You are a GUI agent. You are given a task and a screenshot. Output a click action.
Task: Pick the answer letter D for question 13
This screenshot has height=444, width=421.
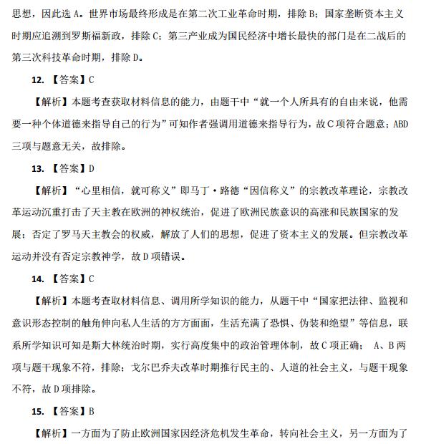(x=92, y=169)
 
